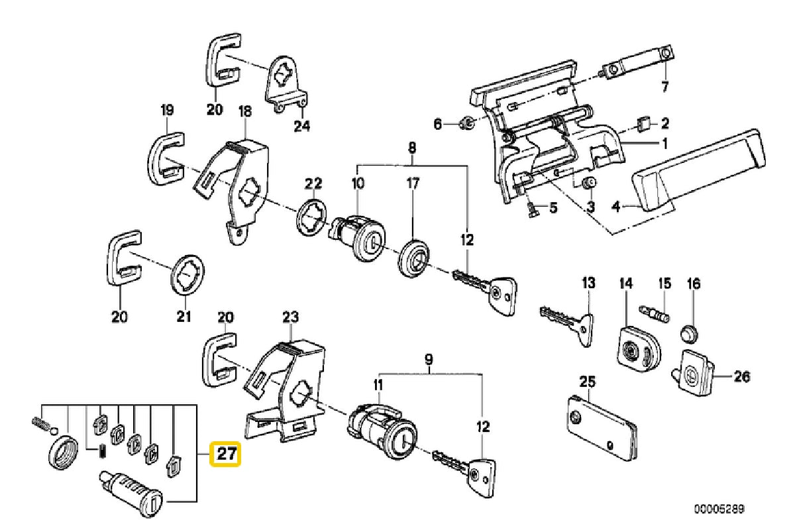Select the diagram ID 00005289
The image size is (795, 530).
[x=719, y=509]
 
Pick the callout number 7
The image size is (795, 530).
[x=666, y=86]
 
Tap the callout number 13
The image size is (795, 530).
[x=588, y=284]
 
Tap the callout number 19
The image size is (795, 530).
[x=166, y=110]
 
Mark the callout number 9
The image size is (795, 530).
[x=428, y=360]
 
